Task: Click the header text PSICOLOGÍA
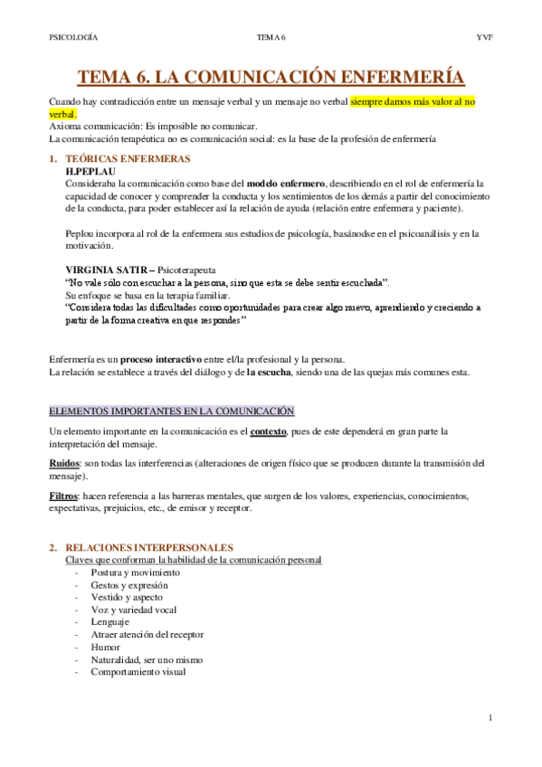pos(73,37)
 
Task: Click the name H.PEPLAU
pos(90,170)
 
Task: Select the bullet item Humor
pos(105,648)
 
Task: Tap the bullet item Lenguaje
pos(110,621)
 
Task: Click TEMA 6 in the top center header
pos(271,37)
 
